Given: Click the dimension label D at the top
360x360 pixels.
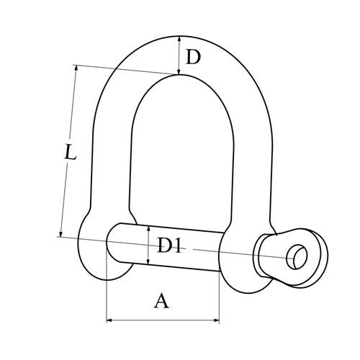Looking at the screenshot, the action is [x=193, y=58].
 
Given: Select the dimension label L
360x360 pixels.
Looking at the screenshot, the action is [x=71, y=152].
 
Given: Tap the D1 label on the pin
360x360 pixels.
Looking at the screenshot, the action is [x=169, y=246].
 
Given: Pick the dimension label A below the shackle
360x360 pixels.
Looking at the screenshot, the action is [x=161, y=301].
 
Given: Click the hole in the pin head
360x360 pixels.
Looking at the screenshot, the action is [x=297, y=256].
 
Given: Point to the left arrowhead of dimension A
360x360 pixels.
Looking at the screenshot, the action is [x=109, y=320].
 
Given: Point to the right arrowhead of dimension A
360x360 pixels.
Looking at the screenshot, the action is [x=217, y=320].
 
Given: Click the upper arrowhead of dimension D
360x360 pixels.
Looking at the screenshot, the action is [x=179, y=39].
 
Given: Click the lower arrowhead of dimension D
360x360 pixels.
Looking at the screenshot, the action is [x=179, y=71].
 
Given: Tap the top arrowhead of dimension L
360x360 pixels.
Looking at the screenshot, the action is [x=76, y=68].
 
